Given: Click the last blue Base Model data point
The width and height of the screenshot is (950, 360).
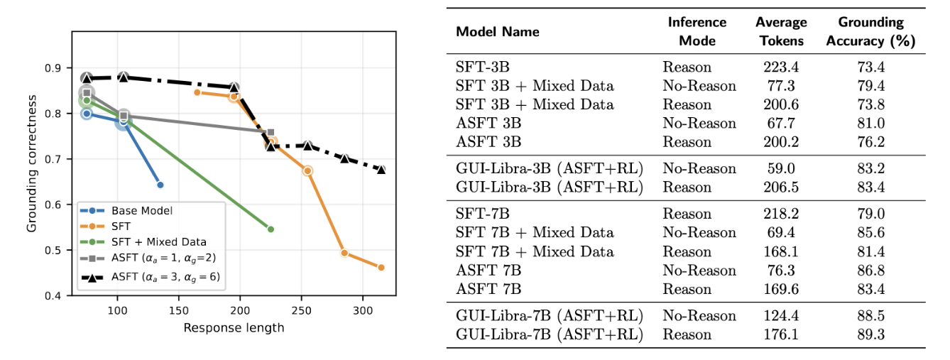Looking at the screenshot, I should coord(160,185).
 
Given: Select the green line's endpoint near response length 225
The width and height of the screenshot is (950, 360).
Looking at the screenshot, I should coord(271,229).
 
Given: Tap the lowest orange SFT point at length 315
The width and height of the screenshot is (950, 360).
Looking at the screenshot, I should coord(381,268).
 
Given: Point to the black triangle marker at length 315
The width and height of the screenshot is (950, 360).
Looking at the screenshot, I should coord(381,170).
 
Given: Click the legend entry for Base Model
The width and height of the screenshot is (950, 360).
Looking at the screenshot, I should coord(143,210).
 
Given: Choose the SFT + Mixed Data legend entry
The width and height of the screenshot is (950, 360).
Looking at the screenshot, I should coord(160,242).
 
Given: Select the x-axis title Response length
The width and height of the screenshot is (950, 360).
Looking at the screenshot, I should coord(234,327).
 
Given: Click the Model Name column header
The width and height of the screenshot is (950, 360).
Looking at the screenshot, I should coord(497,32).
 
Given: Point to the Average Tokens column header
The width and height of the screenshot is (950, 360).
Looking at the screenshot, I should coord(780,32).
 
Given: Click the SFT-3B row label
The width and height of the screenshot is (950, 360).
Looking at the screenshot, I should coord(482,67).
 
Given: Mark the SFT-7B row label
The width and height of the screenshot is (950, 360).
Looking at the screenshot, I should coord(482,213).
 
